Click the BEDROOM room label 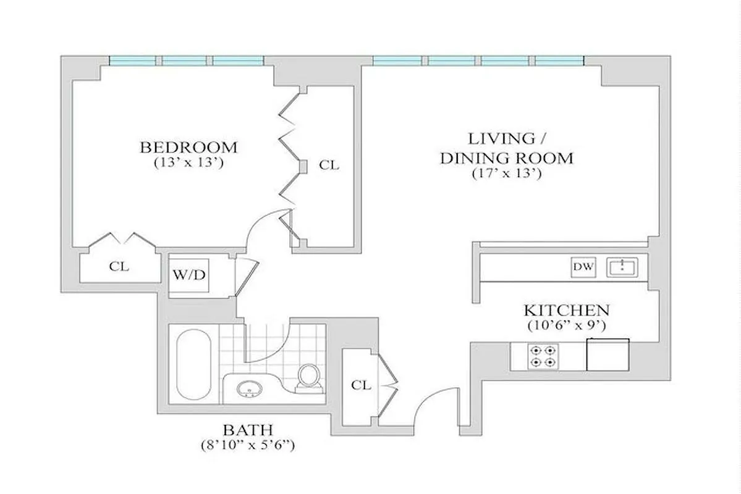click(x=188, y=148)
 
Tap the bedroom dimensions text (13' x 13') click(x=188, y=164)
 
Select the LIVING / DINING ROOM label click(x=506, y=148)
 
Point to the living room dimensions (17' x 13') click(x=506, y=174)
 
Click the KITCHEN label click(x=567, y=310)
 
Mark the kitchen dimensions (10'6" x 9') click(x=567, y=325)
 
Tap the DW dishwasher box click(x=583, y=267)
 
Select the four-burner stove click(x=542, y=356)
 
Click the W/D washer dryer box click(x=189, y=275)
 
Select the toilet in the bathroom click(x=307, y=377)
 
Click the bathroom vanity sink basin click(x=250, y=390)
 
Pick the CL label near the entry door click(x=361, y=385)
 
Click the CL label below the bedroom click(x=119, y=267)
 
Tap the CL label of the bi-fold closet click(x=329, y=165)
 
